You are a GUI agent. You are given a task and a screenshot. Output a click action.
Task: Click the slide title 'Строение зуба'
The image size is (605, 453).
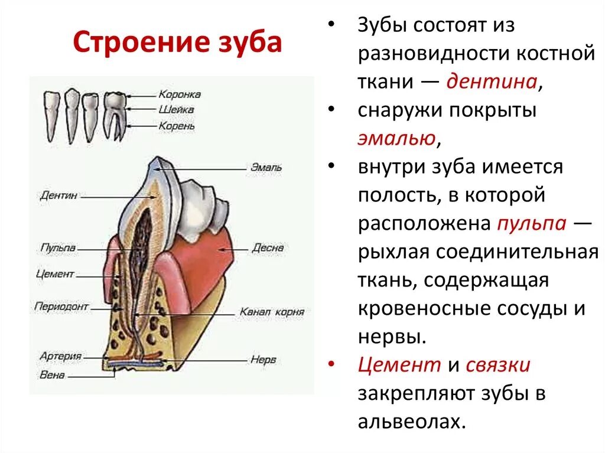[177, 43]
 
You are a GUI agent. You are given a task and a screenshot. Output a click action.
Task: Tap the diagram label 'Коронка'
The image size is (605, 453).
[179, 94]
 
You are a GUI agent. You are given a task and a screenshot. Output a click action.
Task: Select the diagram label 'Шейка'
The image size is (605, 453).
[175, 110]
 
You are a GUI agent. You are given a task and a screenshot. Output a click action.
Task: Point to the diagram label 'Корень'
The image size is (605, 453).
[177, 126]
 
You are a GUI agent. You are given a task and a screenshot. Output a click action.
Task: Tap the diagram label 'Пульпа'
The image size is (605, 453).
[57, 248]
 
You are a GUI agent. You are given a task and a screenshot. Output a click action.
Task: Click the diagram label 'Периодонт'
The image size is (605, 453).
[61, 307]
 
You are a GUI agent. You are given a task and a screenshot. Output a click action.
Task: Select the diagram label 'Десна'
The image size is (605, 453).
[267, 248]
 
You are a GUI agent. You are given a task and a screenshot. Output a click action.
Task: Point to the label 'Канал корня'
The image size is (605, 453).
[272, 311]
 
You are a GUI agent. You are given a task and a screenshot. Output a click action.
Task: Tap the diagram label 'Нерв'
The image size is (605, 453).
[263, 359]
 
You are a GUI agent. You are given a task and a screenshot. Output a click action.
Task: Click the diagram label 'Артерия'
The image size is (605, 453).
[60, 356]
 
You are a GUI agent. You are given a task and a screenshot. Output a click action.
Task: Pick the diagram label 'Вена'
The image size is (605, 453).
[52, 374]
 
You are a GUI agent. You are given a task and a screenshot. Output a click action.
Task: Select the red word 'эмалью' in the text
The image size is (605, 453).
[396, 139]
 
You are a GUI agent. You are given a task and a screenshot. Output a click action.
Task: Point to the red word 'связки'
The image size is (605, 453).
[498, 366]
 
